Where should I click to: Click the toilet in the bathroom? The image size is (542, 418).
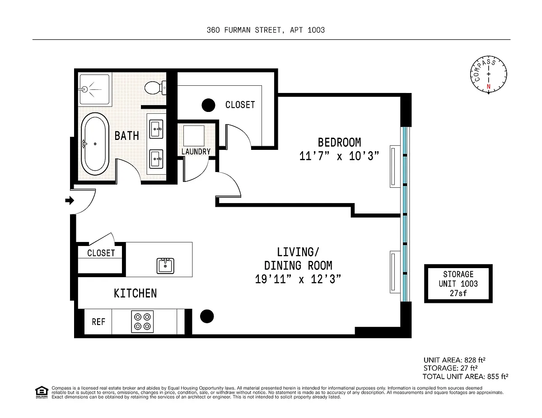click(155, 88)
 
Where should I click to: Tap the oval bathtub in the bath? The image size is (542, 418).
click(95, 144)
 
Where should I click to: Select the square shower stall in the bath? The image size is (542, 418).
click(94, 89)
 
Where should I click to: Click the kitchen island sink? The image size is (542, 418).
click(165, 266)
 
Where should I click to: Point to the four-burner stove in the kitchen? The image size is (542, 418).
click(142, 321)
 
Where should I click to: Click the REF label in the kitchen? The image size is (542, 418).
click(98, 322)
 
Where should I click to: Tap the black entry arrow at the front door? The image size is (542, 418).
click(70, 200)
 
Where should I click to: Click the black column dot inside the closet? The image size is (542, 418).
click(208, 105)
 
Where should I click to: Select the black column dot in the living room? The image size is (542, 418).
click(207, 316)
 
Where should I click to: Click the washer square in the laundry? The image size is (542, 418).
click(194, 136)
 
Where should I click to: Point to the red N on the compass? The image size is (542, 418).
click(488, 87)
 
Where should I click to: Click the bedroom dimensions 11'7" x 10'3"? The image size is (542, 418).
click(339, 156)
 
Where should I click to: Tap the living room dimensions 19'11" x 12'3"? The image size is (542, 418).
click(298, 279)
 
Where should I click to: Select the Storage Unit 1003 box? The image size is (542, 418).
click(458, 283)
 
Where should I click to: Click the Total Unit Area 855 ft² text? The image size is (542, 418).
click(465, 376)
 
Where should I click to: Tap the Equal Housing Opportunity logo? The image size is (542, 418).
click(42, 392)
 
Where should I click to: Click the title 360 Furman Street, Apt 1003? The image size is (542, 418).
click(266, 30)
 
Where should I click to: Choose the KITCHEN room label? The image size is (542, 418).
click(135, 293)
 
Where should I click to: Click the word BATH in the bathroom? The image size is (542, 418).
click(126, 136)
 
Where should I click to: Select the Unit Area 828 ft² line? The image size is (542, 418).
click(454, 360)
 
